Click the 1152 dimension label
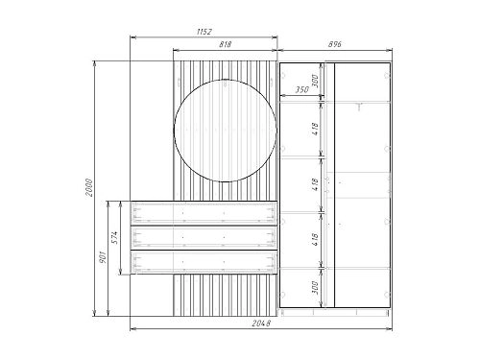[204, 32]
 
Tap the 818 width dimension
[225, 44]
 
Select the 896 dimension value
[335, 44]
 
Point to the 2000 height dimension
[88, 188]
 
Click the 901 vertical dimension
[103, 256]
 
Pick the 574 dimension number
[115, 237]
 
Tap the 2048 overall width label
[261, 324]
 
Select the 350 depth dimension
[301, 89]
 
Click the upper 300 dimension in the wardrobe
[315, 81]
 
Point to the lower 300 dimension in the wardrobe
[315, 288]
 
